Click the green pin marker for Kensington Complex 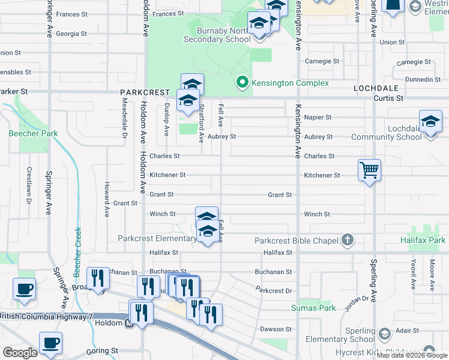click(x=242, y=83)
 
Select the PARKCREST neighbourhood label click(x=142, y=92)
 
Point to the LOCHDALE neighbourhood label click(x=373, y=88)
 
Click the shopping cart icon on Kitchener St click(x=369, y=170)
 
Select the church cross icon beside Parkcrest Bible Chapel click(x=346, y=240)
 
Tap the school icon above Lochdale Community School click(x=430, y=122)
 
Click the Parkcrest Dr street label click(x=273, y=290)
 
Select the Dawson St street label click(x=276, y=329)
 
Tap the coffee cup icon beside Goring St click(x=50, y=343)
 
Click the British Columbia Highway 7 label click(x=42, y=316)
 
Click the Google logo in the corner click(x=20, y=352)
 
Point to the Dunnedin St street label click(x=422, y=79)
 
